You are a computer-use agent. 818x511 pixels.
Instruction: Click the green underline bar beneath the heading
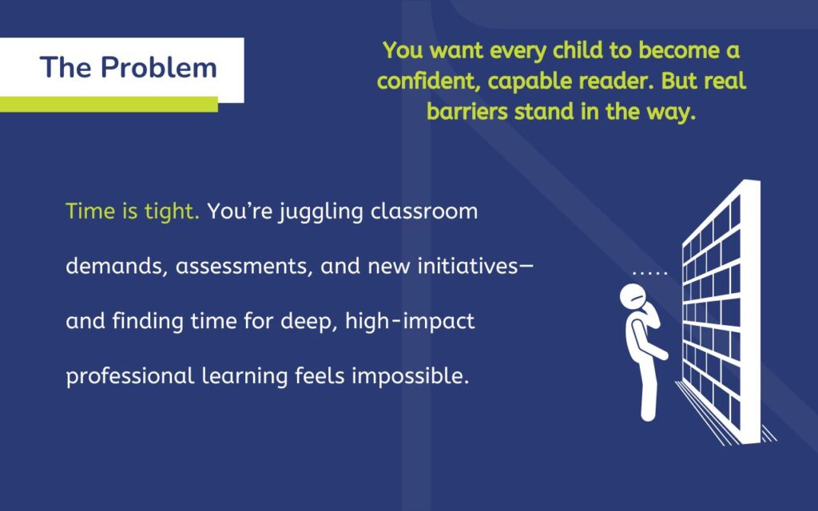[x=109, y=104]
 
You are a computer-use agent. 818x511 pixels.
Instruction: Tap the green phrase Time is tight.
[x=133, y=212]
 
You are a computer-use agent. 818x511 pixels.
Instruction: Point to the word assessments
[x=244, y=267]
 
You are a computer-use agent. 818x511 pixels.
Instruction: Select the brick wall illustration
[x=719, y=311]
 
